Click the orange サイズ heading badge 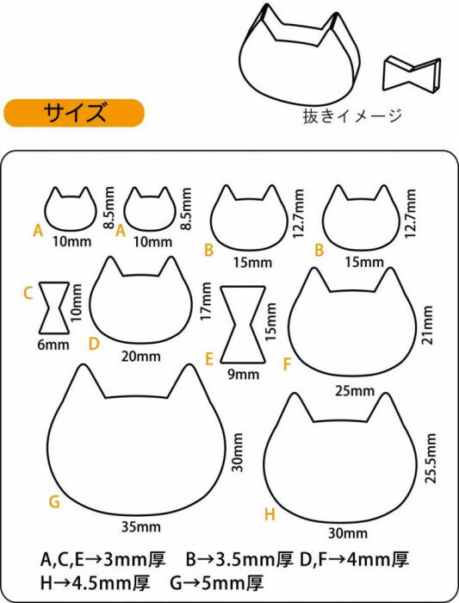point(74,113)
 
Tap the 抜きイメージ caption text point(352,115)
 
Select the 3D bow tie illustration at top point(412,75)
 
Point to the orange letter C point(28,294)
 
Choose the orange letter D point(94,344)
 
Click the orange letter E point(209,359)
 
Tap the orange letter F point(287,364)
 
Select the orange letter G point(54,501)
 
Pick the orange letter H point(270,514)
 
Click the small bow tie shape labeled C point(54,308)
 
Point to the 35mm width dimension point(141,527)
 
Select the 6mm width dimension point(53,345)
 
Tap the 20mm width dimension point(141,357)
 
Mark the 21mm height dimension point(427,325)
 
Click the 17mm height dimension point(206,301)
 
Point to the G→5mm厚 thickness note point(217,583)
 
